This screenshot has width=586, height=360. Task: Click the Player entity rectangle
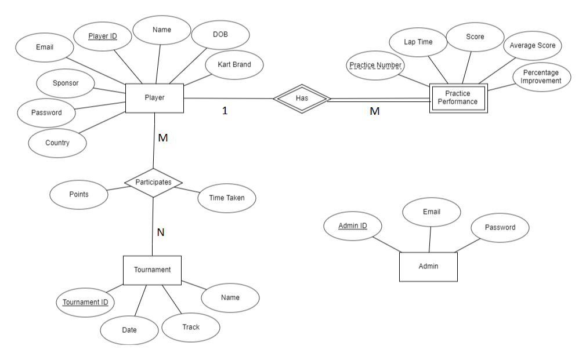click(154, 98)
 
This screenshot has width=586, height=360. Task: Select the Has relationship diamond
click(302, 99)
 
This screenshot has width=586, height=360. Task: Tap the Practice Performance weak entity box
click(458, 98)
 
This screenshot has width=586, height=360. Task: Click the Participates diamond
click(153, 182)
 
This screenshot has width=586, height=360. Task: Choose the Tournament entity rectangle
click(152, 270)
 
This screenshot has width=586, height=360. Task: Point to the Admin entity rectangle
click(428, 267)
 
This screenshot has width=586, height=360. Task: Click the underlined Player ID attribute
click(103, 37)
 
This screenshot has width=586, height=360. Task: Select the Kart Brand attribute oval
click(234, 64)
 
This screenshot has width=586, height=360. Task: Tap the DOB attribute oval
click(220, 35)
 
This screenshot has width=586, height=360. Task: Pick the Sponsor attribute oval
click(65, 83)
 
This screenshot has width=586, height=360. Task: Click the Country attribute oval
click(57, 143)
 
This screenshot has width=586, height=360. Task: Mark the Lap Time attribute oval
click(418, 42)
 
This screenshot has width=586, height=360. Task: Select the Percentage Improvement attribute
click(541, 77)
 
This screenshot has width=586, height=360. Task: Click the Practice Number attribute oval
click(375, 66)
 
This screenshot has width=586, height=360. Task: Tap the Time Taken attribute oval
click(226, 198)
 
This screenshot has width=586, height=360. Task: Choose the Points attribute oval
click(78, 195)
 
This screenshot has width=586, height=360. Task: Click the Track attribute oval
click(190, 328)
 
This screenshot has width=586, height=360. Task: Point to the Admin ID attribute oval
click(352, 226)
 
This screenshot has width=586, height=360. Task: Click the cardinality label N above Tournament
click(161, 232)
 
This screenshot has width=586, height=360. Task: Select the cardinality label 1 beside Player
click(225, 111)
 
